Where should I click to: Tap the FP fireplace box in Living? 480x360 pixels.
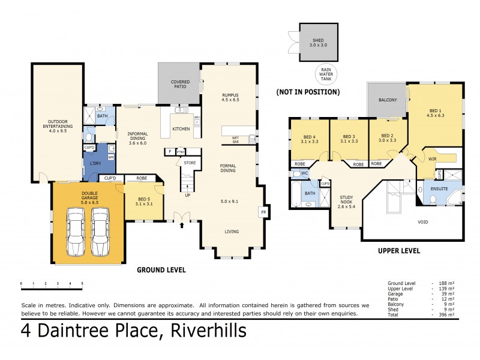(262, 212)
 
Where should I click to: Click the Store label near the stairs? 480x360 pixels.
(190, 163)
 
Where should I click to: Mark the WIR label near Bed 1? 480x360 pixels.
(431, 159)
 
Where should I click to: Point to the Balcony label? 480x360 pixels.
(388, 100)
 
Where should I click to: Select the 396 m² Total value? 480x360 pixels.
(446, 314)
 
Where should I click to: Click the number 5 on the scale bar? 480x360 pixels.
(82, 283)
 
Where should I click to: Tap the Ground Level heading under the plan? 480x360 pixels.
(160, 270)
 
